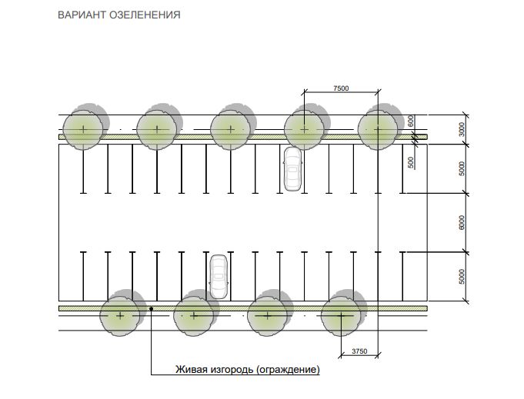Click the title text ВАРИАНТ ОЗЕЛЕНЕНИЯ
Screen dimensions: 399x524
119,15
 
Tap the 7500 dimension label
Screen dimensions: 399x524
341,89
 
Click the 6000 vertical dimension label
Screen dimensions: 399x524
461,223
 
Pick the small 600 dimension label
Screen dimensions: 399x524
411,121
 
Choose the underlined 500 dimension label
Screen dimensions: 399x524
411,162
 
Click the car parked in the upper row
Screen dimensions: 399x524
292,168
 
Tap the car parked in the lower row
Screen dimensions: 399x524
219,276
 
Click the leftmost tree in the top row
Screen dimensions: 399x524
83,128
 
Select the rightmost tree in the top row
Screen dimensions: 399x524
379,128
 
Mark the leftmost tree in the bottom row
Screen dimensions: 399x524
121,315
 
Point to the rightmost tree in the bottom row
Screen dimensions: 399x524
341,315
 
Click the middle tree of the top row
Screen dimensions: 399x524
231,128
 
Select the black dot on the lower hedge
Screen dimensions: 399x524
152,308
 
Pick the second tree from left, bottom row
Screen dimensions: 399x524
194,315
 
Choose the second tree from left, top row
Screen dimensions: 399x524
157,128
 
